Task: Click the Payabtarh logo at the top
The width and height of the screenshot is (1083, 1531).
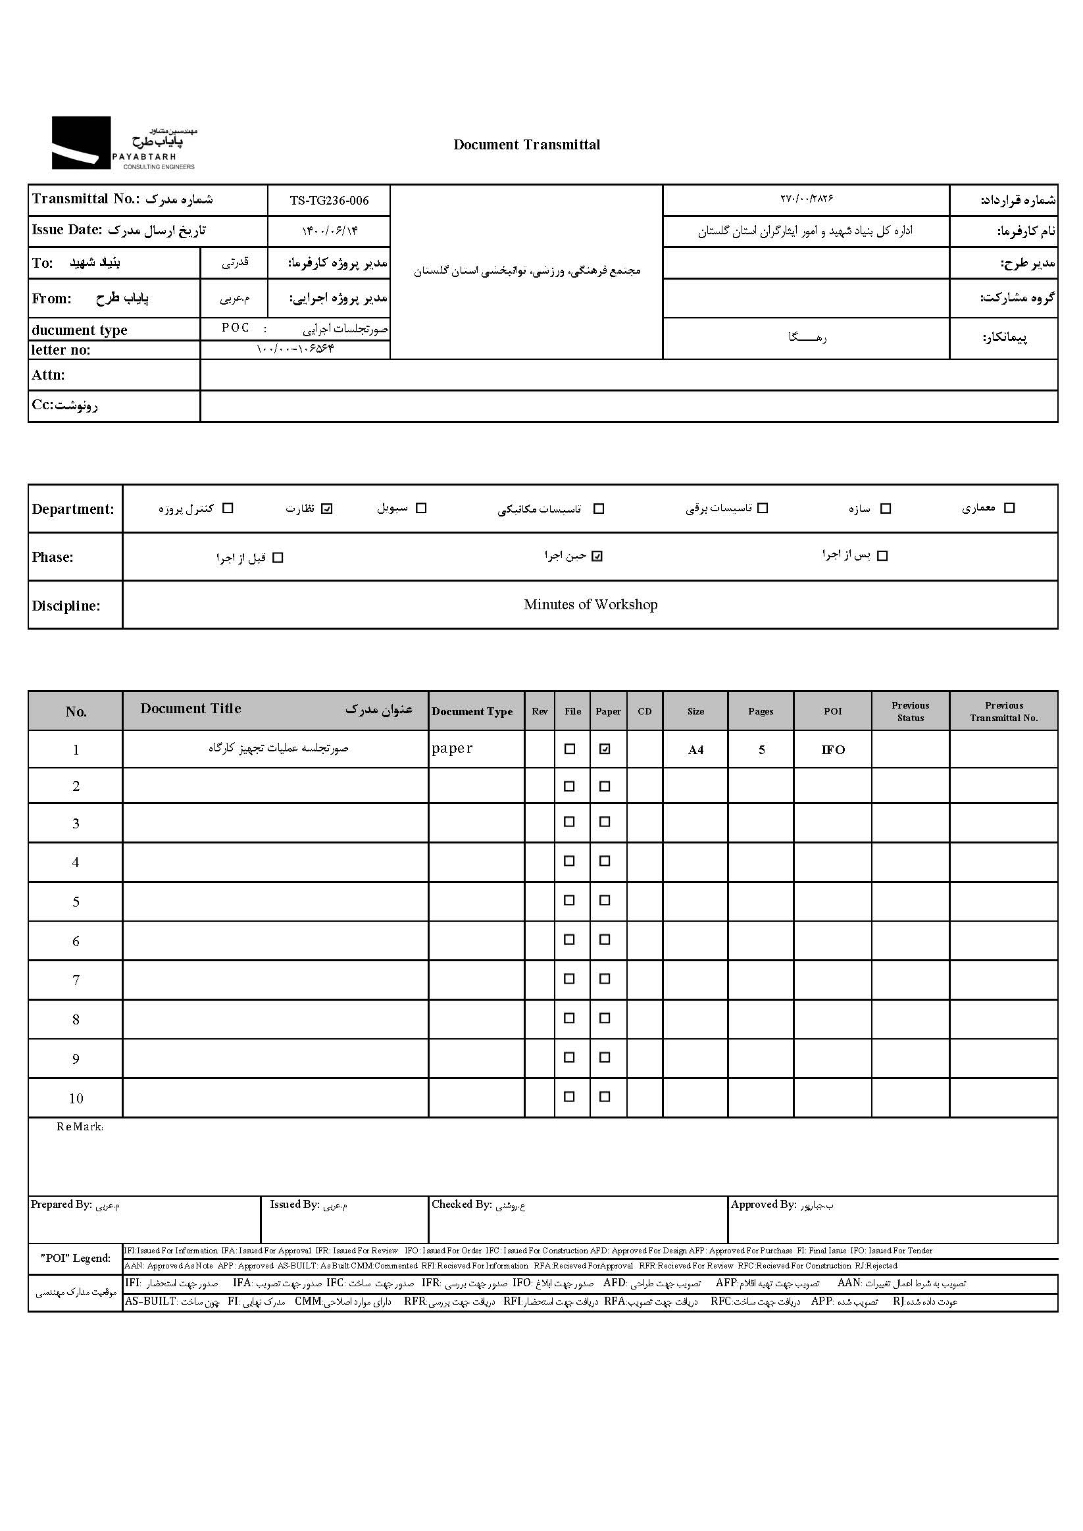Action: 124,143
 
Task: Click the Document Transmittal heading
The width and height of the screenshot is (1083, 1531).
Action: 526,145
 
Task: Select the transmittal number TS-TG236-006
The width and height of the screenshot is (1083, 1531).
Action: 329,201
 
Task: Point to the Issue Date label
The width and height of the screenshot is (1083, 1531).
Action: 66,230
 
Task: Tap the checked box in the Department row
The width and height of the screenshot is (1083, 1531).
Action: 326,509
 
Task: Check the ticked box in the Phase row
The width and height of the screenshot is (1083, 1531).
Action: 597,556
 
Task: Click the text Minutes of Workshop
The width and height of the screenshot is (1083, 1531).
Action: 590,605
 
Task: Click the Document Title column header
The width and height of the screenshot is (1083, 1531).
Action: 191,709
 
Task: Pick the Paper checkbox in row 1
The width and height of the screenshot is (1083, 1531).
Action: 604,749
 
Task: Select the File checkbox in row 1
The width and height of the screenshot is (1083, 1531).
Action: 570,749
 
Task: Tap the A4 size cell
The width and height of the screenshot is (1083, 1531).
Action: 695,750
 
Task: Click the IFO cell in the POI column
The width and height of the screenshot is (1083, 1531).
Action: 833,750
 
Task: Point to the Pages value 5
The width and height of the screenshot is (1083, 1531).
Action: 761,750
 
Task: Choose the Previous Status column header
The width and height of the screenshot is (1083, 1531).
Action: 910,711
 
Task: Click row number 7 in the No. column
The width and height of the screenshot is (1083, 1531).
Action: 76,980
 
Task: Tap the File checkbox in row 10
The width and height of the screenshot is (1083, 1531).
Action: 570,1096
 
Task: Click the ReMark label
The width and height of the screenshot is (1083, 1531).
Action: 80,1127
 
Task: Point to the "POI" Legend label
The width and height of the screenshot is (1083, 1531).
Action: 76,1258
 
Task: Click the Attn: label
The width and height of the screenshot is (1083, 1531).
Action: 48,376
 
